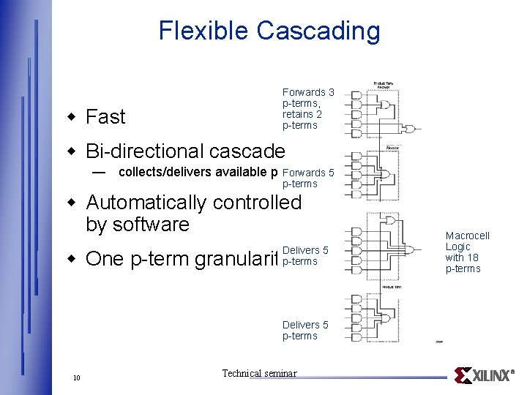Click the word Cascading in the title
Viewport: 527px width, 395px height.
point(318,31)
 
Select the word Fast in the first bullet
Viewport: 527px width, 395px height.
point(105,117)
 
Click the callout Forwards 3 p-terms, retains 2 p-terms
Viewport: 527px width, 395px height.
point(308,109)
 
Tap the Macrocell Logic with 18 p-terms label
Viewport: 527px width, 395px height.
point(467,252)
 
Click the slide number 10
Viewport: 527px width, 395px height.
point(77,377)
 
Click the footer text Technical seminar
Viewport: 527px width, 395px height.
point(259,374)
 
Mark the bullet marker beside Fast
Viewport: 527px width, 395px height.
point(72,117)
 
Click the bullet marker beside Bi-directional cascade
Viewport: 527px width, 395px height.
point(72,151)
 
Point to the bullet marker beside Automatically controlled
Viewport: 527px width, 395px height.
point(72,203)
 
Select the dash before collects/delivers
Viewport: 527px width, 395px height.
point(99,173)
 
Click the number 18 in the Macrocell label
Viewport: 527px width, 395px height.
point(473,257)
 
